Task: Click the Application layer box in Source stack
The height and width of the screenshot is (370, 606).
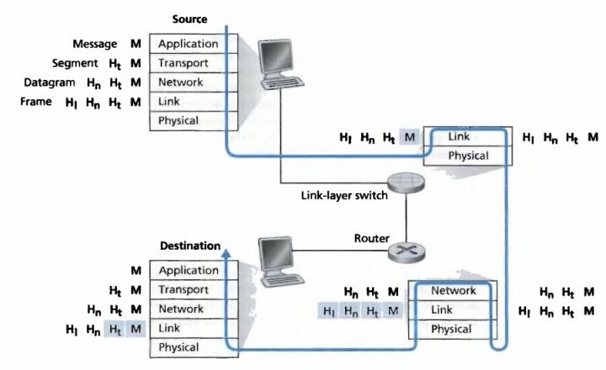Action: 189,44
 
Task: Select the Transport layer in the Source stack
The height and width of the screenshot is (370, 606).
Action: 189,63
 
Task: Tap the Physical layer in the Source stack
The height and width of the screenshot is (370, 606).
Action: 189,120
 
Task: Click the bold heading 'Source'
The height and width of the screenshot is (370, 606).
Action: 189,18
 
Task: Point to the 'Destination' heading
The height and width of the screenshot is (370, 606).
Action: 190,246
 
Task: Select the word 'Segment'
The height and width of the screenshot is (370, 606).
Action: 50,63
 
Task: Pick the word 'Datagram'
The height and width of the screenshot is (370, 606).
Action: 52,82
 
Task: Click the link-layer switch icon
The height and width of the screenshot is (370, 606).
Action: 407,183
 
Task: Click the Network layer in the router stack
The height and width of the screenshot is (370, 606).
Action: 453,291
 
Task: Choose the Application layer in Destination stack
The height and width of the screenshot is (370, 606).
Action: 189,271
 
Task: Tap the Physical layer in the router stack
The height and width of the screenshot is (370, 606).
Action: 453,330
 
